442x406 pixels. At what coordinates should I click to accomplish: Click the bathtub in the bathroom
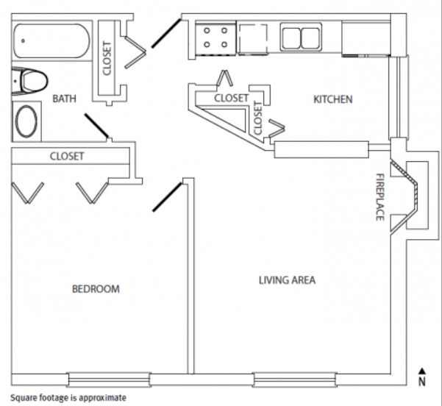click(x=52, y=41)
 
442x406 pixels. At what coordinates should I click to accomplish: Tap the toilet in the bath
click(x=29, y=81)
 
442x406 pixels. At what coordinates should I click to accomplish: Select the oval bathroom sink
click(x=26, y=121)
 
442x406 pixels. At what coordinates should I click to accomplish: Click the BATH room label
click(x=64, y=99)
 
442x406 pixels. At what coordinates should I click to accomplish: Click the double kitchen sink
click(x=301, y=38)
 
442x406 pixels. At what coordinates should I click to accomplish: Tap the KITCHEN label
click(x=333, y=99)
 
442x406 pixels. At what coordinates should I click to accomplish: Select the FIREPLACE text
click(x=380, y=197)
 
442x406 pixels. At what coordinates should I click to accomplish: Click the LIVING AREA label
click(x=287, y=280)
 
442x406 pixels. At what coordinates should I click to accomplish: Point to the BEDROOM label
click(x=96, y=289)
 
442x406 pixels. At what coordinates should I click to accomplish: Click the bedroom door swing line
click(x=167, y=197)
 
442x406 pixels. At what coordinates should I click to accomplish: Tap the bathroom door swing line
click(x=96, y=126)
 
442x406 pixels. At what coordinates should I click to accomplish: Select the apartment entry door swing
click(x=166, y=33)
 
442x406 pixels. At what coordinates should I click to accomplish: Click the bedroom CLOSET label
click(x=67, y=156)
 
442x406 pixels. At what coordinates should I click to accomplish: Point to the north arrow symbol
click(x=421, y=377)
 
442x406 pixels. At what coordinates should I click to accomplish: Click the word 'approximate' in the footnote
click(x=103, y=398)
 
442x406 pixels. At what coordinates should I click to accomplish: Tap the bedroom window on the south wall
click(x=109, y=380)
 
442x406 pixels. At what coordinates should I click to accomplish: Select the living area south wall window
click(x=295, y=380)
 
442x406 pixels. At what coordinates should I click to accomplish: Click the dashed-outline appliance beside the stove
click(x=252, y=39)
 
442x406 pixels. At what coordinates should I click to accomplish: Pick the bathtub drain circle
click(x=23, y=41)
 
